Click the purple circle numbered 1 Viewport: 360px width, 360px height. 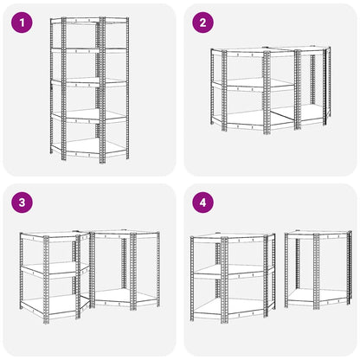22,22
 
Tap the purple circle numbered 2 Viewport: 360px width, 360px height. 203,22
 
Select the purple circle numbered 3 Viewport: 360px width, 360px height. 22,202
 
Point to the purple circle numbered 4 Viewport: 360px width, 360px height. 203,202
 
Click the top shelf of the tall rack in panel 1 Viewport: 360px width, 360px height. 89,20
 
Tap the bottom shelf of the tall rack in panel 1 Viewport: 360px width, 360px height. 89,147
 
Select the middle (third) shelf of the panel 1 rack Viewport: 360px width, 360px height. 89,82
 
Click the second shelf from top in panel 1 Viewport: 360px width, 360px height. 89,50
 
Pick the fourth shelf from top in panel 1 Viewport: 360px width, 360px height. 89,115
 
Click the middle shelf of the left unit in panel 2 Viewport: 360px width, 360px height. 245,84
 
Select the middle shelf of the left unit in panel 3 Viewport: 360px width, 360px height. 55,269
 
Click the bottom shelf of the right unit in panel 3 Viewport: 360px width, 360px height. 125,297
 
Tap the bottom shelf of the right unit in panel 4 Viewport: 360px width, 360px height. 318,297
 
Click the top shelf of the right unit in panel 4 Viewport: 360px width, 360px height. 318,235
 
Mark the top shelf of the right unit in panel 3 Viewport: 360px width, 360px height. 125,234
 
